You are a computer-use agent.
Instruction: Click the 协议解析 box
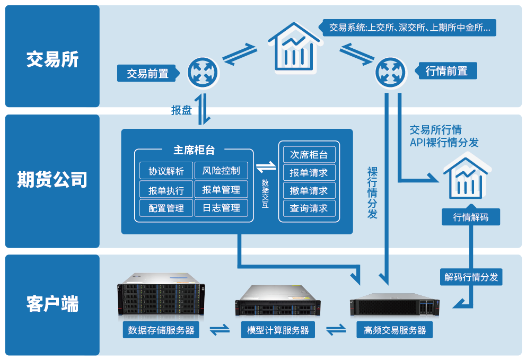[166, 171]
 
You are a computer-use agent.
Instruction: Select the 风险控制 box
[221, 171]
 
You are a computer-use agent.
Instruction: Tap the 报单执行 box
[166, 190]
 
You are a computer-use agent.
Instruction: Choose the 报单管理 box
[221, 190]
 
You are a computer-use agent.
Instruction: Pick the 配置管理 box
[166, 208]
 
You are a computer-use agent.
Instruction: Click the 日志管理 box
[221, 208]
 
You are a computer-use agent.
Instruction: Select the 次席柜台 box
[309, 155]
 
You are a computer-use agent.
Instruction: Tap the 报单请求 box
[309, 173]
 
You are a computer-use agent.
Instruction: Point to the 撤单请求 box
[309, 191]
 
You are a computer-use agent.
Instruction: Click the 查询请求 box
[309, 208]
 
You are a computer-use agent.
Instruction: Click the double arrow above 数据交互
[266, 168]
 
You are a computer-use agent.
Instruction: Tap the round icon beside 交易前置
[203, 73]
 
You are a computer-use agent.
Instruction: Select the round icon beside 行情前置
[391, 73]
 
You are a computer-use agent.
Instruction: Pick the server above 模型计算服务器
[278, 301]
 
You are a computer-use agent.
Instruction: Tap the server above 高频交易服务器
[394, 305]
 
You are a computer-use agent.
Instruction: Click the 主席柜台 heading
[194, 150]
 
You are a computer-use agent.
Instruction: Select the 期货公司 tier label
[52, 180]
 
